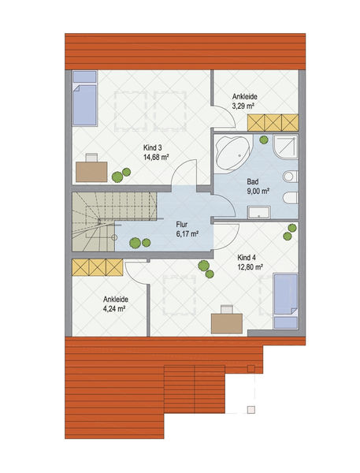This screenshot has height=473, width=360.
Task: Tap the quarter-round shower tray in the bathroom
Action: pos(285,147)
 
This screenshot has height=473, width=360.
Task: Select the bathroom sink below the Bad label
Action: pos(259,212)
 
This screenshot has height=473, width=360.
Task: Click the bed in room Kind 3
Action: pos(85,99)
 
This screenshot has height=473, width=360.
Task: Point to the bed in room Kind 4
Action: pos(285,301)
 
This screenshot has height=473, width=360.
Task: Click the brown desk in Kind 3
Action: pos(91,172)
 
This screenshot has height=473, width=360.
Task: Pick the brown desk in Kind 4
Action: pos(227,323)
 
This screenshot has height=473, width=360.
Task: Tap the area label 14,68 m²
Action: pos(155,157)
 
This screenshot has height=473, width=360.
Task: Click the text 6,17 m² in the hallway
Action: pos(187,234)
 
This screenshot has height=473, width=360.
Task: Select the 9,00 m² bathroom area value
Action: pos(258,191)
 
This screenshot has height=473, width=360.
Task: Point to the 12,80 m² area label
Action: pos(251,267)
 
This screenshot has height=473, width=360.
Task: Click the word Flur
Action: pos(181,225)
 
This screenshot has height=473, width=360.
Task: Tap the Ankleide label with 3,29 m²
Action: pos(244,97)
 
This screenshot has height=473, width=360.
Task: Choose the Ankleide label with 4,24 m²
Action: pos(116,300)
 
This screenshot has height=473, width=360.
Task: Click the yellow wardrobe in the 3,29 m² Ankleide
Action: pos(273,122)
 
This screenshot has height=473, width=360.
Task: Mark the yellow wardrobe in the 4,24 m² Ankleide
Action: pos(98,267)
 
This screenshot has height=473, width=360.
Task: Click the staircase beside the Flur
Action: pos(114,222)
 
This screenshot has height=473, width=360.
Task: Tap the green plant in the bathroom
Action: pos(264,140)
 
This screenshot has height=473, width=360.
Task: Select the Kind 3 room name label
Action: pos(153,148)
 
